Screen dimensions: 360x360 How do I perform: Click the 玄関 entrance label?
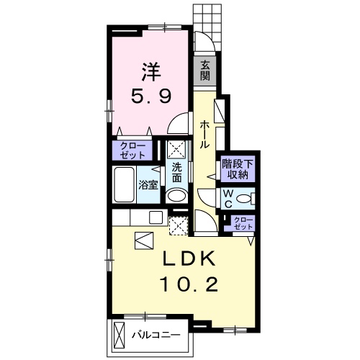click(x=205, y=71)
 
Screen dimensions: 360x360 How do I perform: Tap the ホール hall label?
click(x=204, y=135)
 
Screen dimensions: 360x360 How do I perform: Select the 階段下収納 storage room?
click(x=238, y=169)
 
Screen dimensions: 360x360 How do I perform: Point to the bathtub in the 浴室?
click(x=124, y=184)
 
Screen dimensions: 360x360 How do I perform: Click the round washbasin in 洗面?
click(x=177, y=196)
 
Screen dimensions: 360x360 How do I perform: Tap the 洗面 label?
click(x=176, y=173)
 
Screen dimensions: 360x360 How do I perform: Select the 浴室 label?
click(x=148, y=185)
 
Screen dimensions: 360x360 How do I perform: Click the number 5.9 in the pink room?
click(x=151, y=96)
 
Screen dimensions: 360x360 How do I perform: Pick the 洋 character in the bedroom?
click(x=151, y=71)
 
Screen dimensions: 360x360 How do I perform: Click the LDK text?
click(x=189, y=258)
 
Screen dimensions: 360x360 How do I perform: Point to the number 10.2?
click(x=190, y=284)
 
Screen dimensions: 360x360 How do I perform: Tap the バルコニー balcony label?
click(x=156, y=335)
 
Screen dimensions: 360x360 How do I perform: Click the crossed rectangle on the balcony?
click(x=120, y=335)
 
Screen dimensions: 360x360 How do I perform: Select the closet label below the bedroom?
click(x=132, y=150)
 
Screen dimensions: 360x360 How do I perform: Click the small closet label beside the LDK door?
click(x=243, y=223)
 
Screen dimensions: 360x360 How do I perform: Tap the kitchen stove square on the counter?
click(x=156, y=217)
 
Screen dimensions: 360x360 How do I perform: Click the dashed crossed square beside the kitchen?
click(x=179, y=226)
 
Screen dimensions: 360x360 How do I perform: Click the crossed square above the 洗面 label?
click(x=176, y=150)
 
